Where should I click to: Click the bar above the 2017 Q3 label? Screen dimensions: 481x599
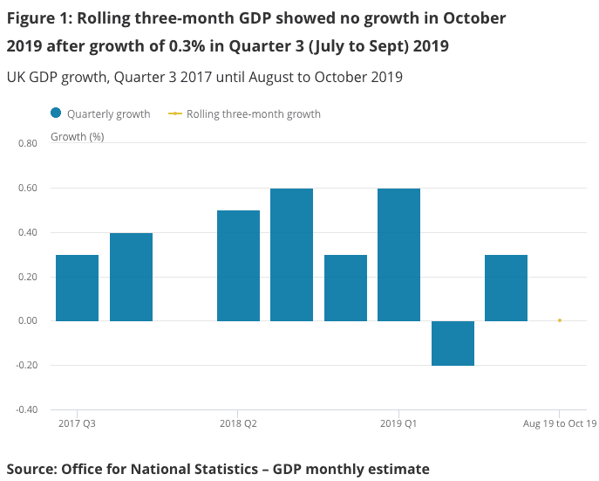point(77,288)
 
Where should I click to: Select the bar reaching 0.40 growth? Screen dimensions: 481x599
point(131,277)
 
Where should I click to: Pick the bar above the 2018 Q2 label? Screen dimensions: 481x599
point(238,265)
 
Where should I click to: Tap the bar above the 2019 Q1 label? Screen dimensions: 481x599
point(398,255)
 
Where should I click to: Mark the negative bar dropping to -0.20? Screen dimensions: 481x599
point(453,343)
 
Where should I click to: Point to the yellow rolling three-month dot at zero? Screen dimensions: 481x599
point(559,320)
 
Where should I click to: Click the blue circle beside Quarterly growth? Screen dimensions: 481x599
point(57,113)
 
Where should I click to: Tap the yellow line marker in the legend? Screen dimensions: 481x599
point(174,113)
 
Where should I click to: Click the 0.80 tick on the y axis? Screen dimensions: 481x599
point(26,143)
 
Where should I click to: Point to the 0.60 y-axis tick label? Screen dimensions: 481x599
point(26,188)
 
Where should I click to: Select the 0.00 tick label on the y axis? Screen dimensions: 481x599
point(26,320)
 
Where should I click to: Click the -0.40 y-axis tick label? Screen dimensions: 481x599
point(24,409)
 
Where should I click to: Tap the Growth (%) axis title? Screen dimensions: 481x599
point(78,136)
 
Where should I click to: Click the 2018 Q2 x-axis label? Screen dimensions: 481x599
point(238,424)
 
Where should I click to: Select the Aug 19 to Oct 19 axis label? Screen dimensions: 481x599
point(559,424)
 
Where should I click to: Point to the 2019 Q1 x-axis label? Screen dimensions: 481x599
point(398,424)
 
